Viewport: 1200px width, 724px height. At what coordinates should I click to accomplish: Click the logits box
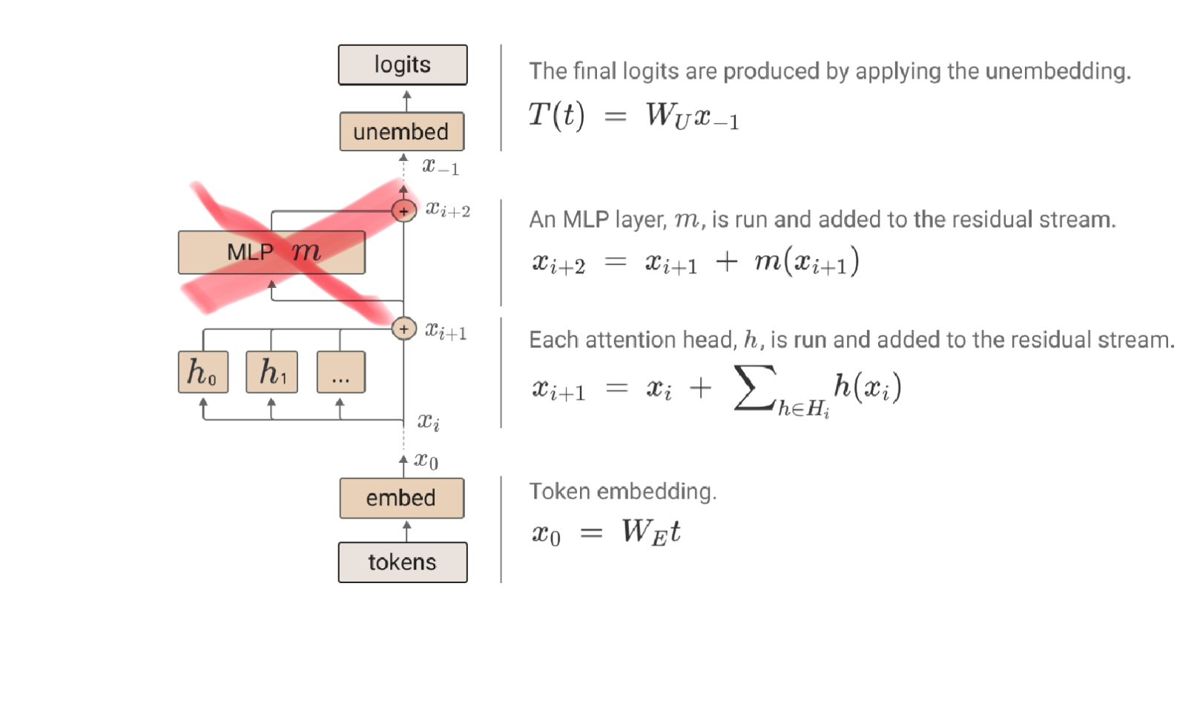tap(403, 65)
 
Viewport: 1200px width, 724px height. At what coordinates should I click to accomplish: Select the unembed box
tap(402, 132)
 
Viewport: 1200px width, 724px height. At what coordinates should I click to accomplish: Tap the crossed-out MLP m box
tap(271, 252)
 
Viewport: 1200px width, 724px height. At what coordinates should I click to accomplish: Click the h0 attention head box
tap(203, 372)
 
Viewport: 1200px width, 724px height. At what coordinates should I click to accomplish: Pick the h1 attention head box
tap(271, 372)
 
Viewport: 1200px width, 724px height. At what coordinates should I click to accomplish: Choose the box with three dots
tap(340, 372)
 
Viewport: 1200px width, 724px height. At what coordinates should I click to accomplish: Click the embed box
tap(402, 498)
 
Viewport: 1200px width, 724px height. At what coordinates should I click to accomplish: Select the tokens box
tap(403, 562)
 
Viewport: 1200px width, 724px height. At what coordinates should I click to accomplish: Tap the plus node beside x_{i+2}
tap(403, 211)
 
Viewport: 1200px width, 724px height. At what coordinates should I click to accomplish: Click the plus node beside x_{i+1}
tap(403, 329)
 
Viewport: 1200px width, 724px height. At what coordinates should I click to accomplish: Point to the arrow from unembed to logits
tap(406, 99)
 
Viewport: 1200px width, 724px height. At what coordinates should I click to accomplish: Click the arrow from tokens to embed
tap(406, 530)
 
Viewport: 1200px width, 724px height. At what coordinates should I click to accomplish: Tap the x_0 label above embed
tap(426, 461)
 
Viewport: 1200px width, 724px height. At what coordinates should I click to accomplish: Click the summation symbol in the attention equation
tap(754, 387)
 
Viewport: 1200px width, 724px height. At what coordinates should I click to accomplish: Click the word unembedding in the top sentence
tap(1058, 71)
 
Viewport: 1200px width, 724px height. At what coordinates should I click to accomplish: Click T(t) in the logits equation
tap(556, 116)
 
